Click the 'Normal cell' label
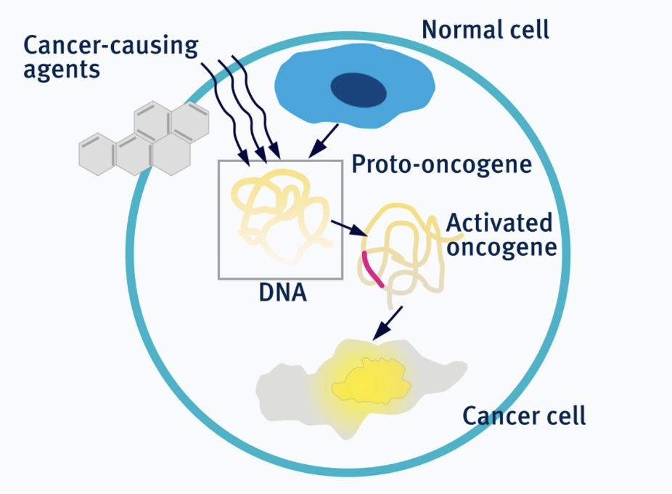[x=485, y=30]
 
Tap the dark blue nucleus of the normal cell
[x=358, y=89]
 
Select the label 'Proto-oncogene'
[x=441, y=165]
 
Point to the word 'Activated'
[x=499, y=223]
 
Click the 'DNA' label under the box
[x=283, y=292]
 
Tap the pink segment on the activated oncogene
[x=372, y=270]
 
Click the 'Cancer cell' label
[x=524, y=416]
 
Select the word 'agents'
[x=62, y=70]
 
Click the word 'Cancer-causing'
[x=110, y=46]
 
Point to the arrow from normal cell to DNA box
[x=323, y=141]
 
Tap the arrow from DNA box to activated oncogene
[x=349, y=228]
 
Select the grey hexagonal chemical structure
[x=144, y=138]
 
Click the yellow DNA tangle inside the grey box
[x=282, y=216]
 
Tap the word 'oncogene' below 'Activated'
[x=501, y=248]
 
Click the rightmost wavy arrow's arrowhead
[x=275, y=152]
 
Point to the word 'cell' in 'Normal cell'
[x=528, y=30]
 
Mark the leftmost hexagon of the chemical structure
[x=97, y=154]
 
